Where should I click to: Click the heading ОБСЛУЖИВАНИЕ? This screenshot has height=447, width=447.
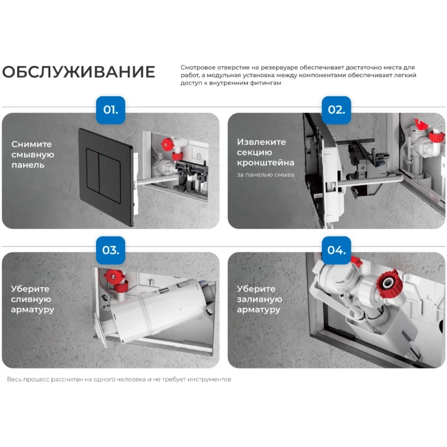tap(79, 72)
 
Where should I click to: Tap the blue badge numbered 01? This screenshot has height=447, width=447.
tap(111, 110)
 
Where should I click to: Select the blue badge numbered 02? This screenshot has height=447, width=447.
tap(336, 110)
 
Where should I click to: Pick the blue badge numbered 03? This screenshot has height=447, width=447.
tap(111, 250)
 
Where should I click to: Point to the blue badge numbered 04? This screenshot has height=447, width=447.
tap(336, 250)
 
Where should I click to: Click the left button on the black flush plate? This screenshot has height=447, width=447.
tap(93, 169)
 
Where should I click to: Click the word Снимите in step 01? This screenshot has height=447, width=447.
tap(32, 144)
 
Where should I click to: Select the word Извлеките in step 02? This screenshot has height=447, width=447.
tap(261, 142)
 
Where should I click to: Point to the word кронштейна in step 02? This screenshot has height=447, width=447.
tap(266, 163)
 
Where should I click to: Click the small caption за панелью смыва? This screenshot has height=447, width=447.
tap(265, 175)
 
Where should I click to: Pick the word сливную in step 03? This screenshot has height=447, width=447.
tap(31, 299)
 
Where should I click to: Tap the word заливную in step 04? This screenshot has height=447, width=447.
tap(259, 299)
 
